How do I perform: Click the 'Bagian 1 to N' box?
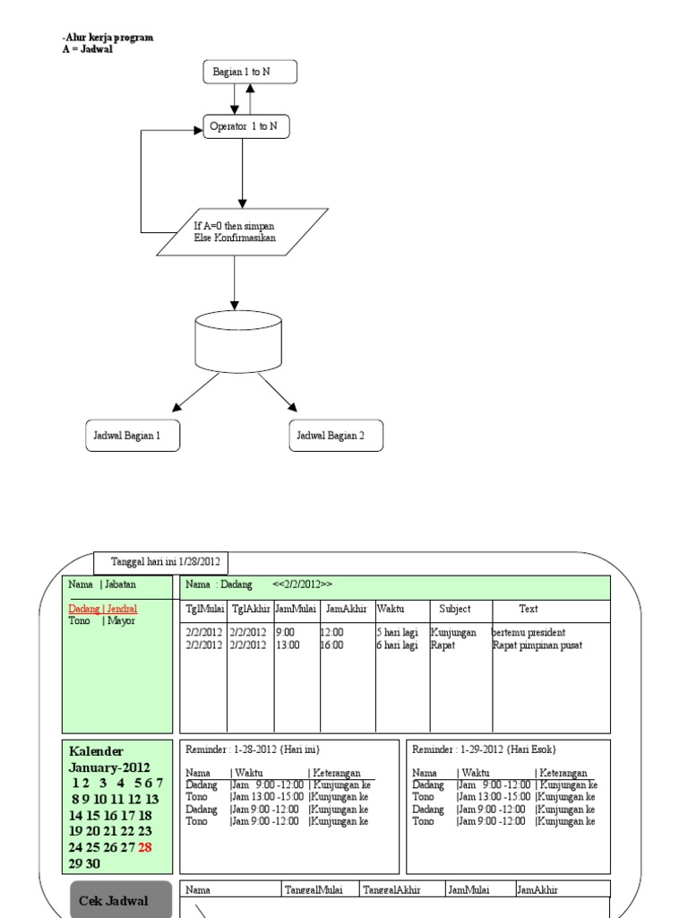(250, 72)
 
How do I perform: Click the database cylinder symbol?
(238, 341)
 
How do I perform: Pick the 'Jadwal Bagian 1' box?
(133, 436)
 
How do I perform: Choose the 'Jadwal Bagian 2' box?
(336, 436)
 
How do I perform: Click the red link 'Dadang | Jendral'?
(103, 609)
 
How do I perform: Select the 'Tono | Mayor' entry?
(102, 620)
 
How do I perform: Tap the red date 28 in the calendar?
(145, 847)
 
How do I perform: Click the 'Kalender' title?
(96, 751)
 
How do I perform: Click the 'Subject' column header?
(455, 609)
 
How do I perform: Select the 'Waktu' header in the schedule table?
(390, 609)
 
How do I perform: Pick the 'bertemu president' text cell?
(529, 632)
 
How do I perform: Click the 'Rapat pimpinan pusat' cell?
(537, 645)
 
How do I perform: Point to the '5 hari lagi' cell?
(397, 632)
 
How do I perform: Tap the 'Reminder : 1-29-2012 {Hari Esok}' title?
(484, 749)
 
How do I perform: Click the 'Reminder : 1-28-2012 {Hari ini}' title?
(253, 749)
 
